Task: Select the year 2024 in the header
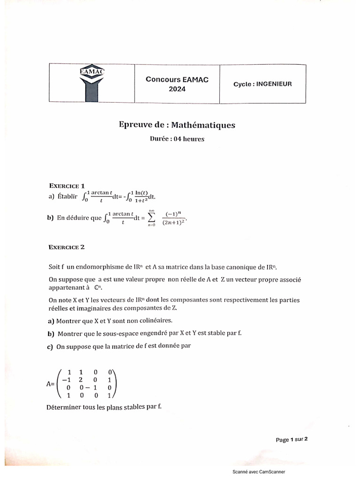click(x=177, y=89)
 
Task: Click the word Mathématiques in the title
click(x=203, y=125)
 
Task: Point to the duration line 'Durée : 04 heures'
click(x=177, y=139)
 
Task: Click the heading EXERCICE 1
click(x=67, y=186)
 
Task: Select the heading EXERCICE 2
click(x=67, y=247)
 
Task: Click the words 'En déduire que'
click(x=78, y=218)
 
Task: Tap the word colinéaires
click(x=152, y=321)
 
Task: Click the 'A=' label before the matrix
click(x=51, y=383)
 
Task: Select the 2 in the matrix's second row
click(x=81, y=380)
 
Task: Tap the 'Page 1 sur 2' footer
click(x=292, y=440)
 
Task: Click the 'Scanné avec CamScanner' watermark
click(x=258, y=472)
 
